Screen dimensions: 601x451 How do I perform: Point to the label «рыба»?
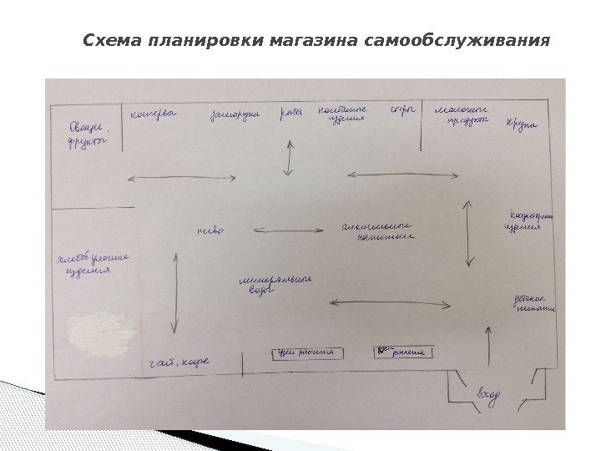tap(290, 113)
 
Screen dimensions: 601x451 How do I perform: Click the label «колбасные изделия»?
tap(338, 114)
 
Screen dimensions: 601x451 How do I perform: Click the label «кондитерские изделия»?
tap(528, 220)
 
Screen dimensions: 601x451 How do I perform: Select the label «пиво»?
tap(210, 230)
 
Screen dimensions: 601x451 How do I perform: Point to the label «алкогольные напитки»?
tap(379, 231)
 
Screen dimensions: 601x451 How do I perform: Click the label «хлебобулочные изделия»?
tap(90, 266)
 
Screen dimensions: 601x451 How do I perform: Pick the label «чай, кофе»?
tap(179, 362)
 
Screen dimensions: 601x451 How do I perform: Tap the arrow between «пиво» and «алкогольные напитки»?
tap(288, 230)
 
